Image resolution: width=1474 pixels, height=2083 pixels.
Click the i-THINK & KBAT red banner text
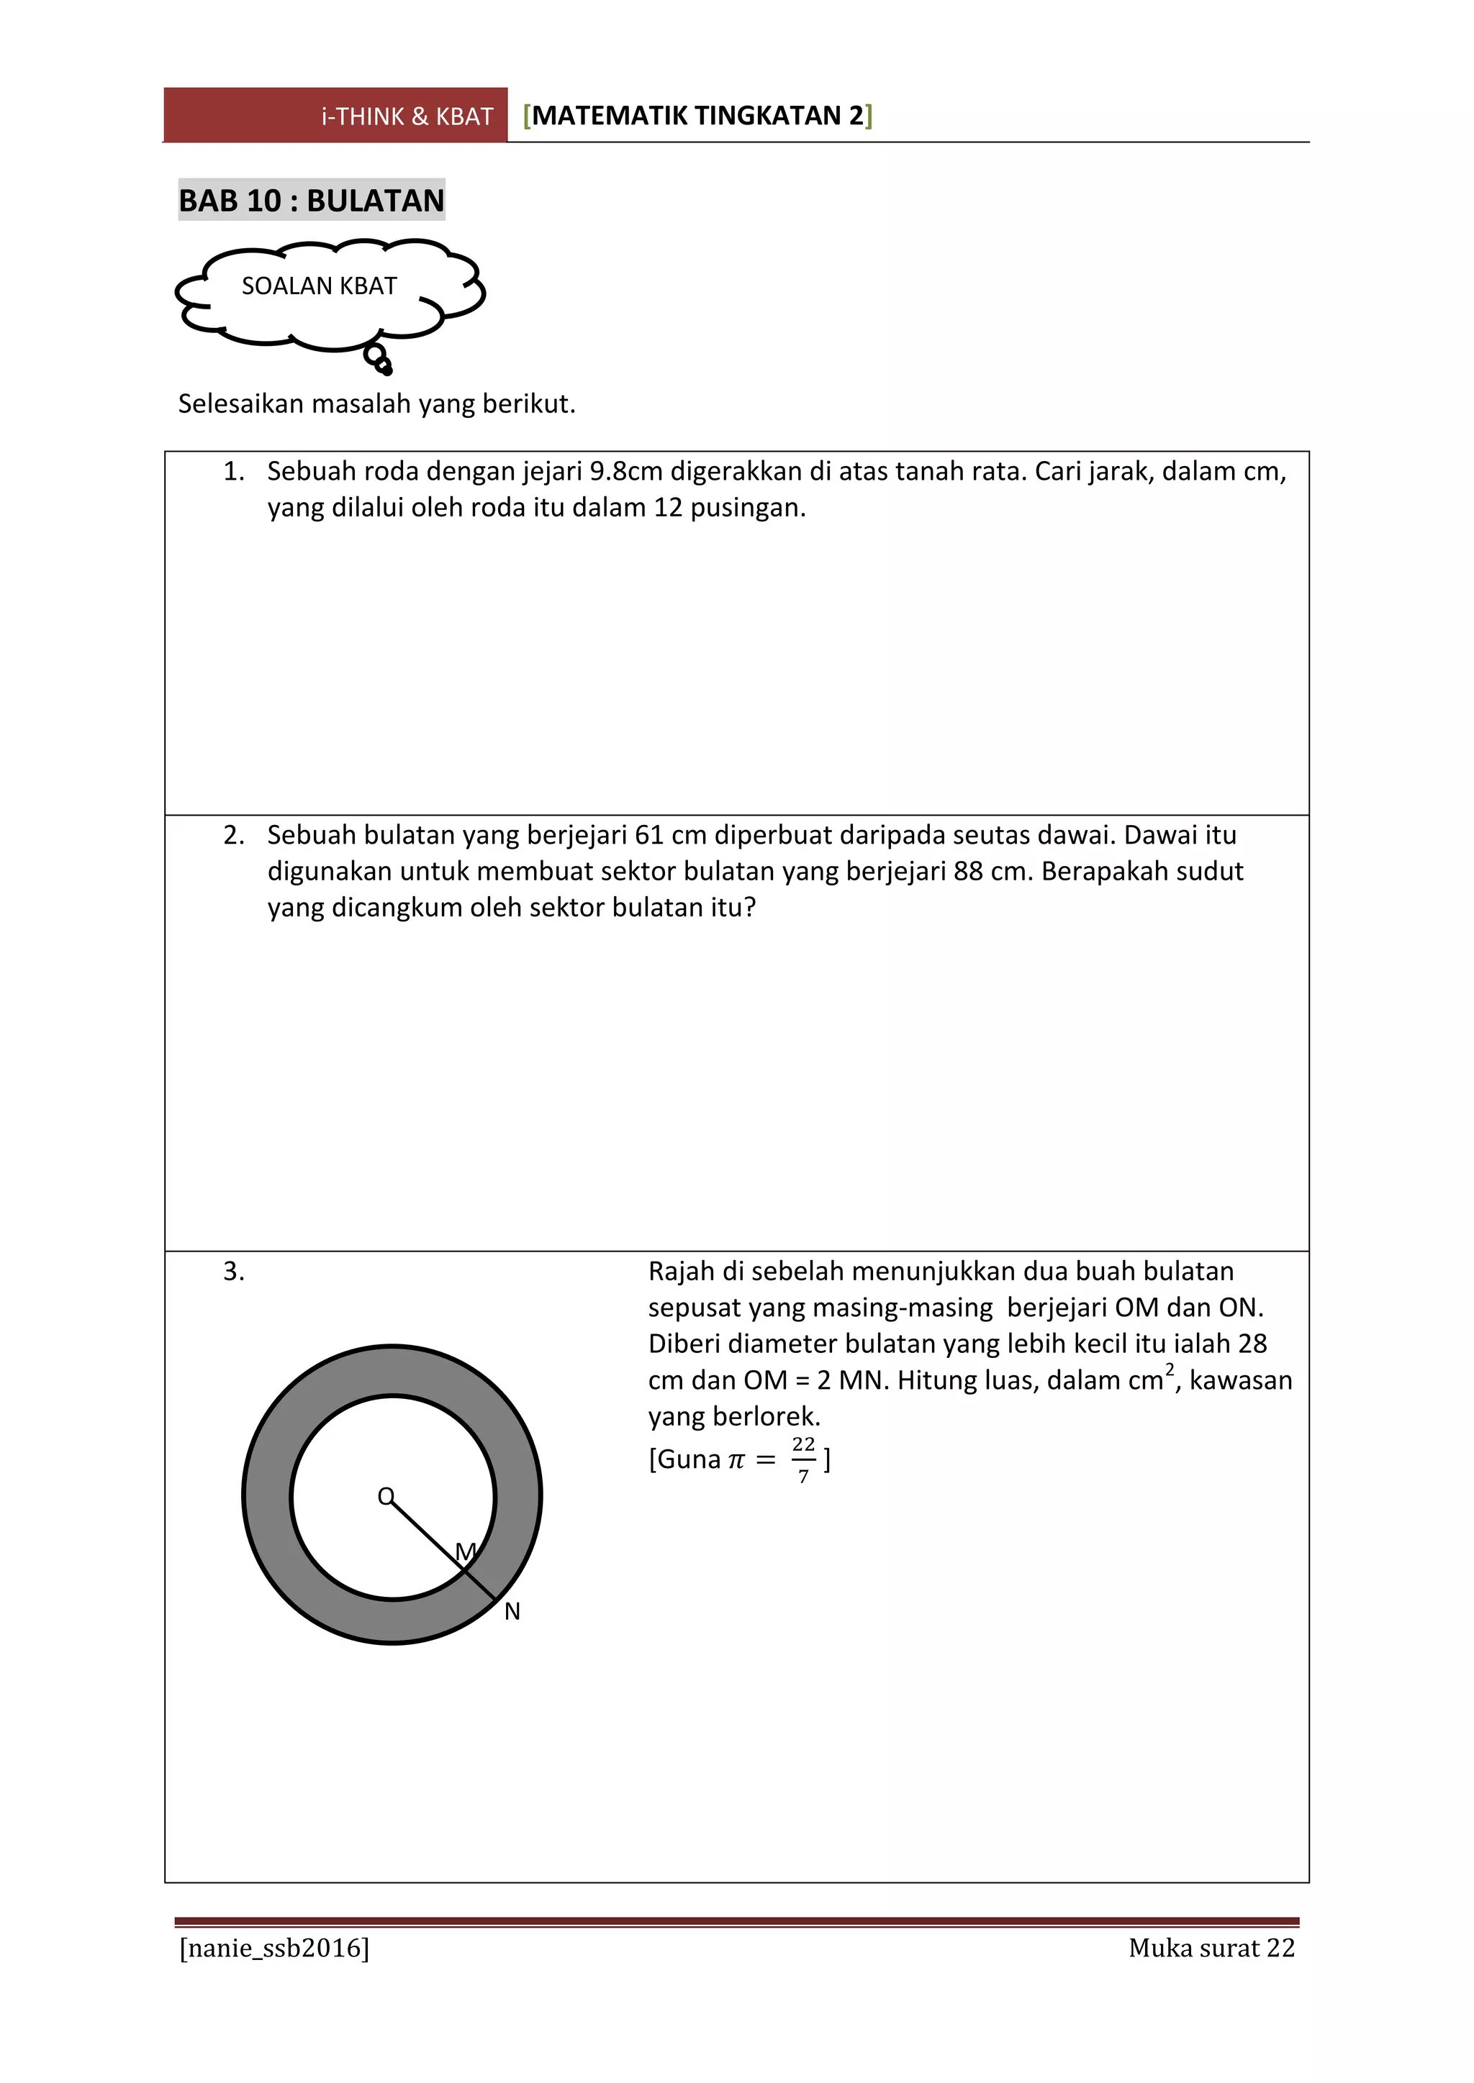(x=407, y=117)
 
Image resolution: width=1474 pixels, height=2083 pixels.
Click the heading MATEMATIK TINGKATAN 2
(x=697, y=116)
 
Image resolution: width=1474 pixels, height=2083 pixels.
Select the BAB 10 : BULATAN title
(x=312, y=201)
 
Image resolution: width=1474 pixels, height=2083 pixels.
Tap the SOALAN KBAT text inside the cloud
(x=319, y=287)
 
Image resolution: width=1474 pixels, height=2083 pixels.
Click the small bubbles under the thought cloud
(x=379, y=360)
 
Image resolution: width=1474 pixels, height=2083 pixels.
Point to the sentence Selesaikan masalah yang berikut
(x=376, y=404)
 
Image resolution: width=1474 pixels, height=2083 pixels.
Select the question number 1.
(x=233, y=472)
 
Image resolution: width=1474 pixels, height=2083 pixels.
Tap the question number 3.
(x=233, y=1272)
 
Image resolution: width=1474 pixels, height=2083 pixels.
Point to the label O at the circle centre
(x=386, y=1496)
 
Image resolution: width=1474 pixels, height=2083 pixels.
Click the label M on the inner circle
(x=466, y=1552)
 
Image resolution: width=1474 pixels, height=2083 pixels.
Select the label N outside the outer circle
(x=512, y=1612)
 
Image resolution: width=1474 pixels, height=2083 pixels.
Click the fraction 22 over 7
(x=803, y=1459)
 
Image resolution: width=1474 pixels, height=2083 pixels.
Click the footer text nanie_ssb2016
(x=274, y=1948)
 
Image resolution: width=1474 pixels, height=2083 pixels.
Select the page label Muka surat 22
(x=1211, y=1948)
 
